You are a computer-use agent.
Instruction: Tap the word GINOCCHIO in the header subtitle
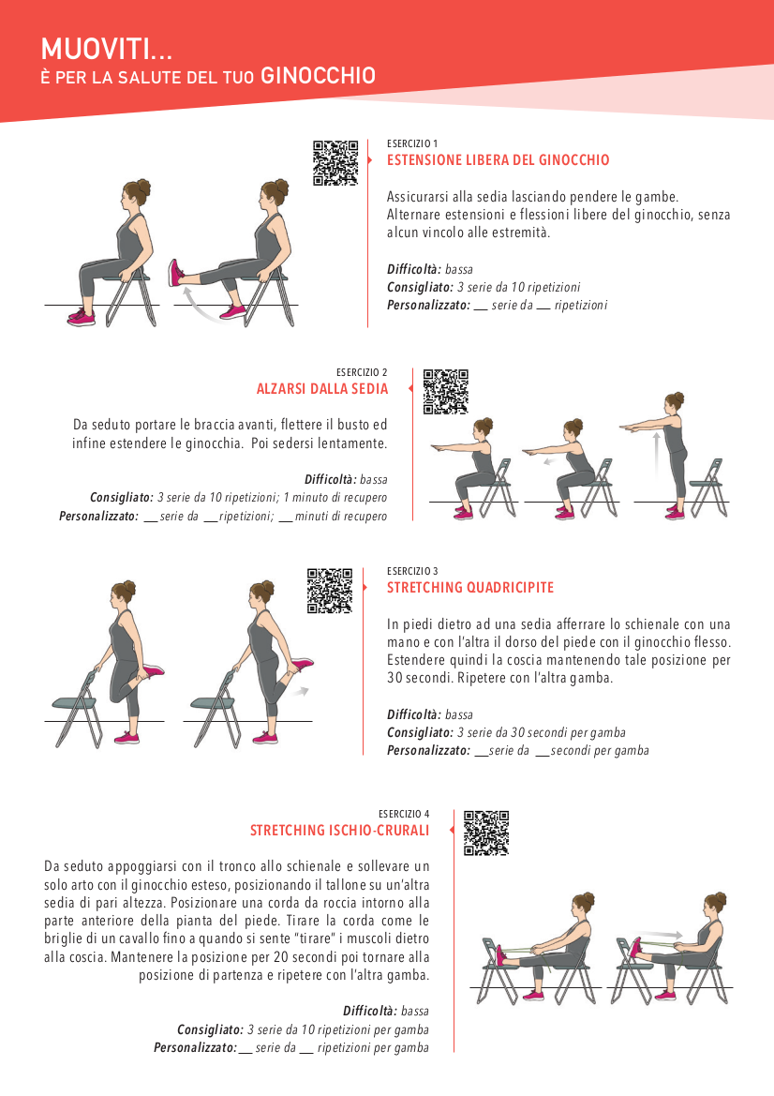pyautogui.click(x=318, y=76)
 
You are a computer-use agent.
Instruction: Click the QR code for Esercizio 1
pyautogui.click(x=335, y=163)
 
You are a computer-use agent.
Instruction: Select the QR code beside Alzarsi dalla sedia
pyautogui.click(x=446, y=392)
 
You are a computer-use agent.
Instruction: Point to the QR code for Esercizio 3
pyautogui.click(x=330, y=591)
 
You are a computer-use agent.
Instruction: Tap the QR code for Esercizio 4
pyautogui.click(x=486, y=833)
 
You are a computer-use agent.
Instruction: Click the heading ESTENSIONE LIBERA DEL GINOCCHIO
pyautogui.click(x=499, y=160)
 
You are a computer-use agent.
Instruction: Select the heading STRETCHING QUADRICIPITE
pyautogui.click(x=470, y=588)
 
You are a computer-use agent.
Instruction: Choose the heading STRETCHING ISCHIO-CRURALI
pyautogui.click(x=339, y=831)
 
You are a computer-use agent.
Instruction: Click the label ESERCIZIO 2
pyautogui.click(x=362, y=372)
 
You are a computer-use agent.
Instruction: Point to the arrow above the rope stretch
pyautogui.click(x=662, y=935)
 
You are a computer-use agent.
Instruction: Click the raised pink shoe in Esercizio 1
pyautogui.click(x=175, y=272)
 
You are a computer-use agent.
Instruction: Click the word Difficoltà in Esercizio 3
pyautogui.click(x=413, y=715)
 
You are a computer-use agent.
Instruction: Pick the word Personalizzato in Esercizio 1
pyautogui.click(x=428, y=306)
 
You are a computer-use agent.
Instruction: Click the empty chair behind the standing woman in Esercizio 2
pyautogui.click(x=709, y=487)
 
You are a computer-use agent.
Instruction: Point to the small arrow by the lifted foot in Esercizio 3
pyautogui.click(x=301, y=692)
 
